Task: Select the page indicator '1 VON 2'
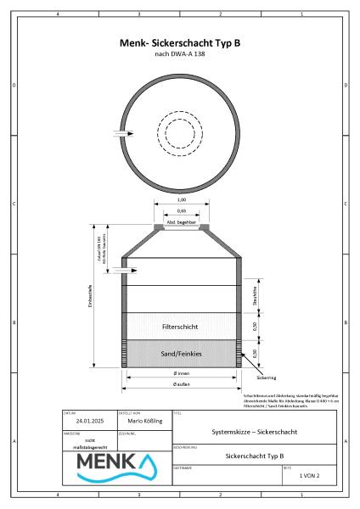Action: click(312, 477)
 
